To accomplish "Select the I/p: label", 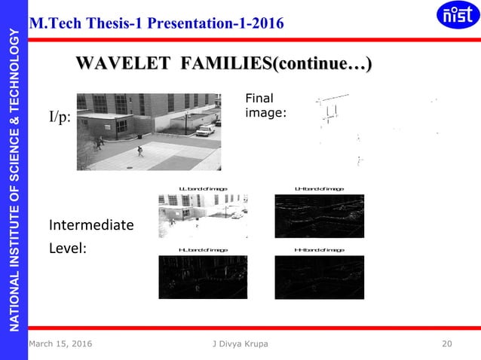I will pos(60,118).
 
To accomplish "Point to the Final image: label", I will pos(260,105).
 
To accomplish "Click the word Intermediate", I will pos(91,225).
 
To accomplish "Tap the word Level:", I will pos(68,246).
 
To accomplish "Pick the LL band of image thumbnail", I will pos(203,216).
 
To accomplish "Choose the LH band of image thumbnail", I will pos(319,216).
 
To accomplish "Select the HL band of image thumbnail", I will pos(203,277).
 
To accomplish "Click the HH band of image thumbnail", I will pos(319,277).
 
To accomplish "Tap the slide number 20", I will pos(447,344).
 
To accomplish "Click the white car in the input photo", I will pos(204,130).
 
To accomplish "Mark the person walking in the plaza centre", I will pos(139,151).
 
